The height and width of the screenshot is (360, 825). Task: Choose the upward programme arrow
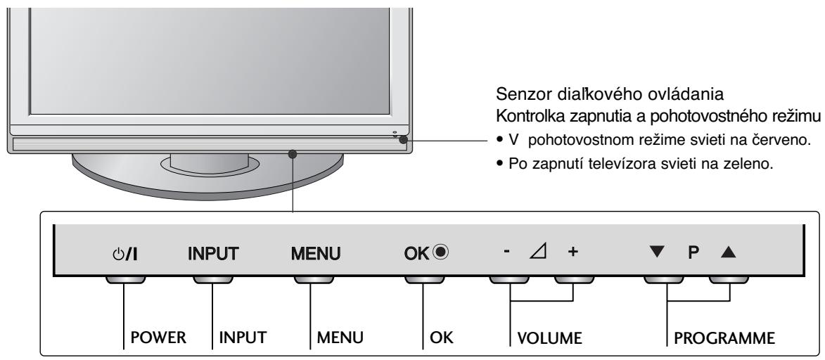pos(723,251)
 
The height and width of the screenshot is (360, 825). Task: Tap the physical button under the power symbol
pos(125,278)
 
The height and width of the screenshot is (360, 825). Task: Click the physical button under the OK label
pos(422,278)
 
